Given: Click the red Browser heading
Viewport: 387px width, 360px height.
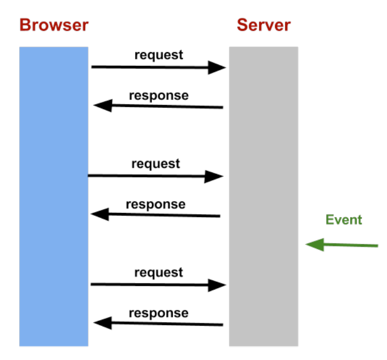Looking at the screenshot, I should tap(54, 25).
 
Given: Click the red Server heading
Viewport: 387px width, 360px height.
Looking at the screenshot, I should tap(263, 25).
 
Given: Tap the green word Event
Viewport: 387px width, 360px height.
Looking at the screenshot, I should tap(344, 220).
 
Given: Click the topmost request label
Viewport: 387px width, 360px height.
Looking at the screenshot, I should tap(159, 55).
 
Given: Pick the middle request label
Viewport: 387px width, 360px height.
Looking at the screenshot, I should tap(156, 164).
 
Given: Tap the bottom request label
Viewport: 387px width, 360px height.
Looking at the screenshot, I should tap(159, 272).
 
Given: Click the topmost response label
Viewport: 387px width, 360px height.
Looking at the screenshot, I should tap(159, 95).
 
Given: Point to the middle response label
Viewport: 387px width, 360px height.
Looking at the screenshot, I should tap(156, 204).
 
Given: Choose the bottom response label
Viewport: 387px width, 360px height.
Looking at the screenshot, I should tap(159, 313).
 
